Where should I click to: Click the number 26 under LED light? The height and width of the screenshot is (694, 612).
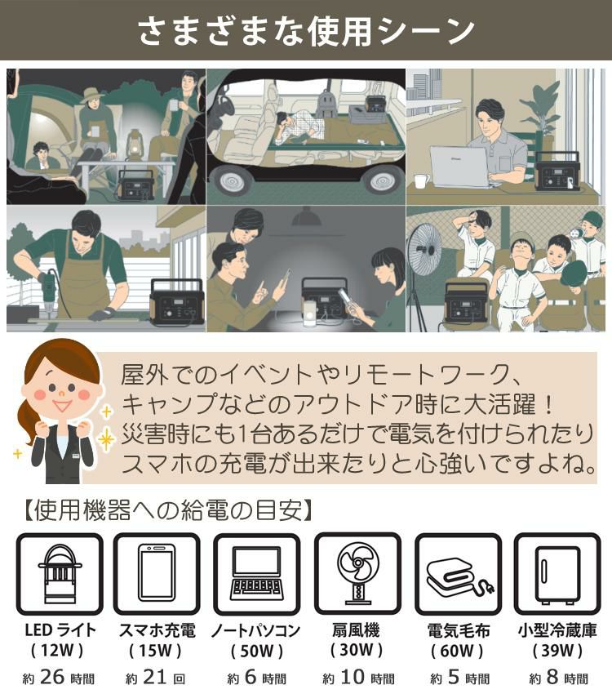pos(51,677)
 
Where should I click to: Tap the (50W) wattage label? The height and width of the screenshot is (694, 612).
pos(256,652)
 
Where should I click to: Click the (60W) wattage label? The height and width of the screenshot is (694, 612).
pos(457,652)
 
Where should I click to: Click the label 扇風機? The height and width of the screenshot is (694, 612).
pos(357,630)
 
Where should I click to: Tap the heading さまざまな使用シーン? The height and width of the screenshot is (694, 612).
pos(306,31)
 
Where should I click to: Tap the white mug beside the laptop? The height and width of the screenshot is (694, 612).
pos(421,180)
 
